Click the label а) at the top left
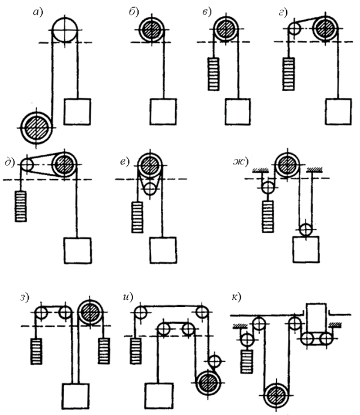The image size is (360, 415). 38,12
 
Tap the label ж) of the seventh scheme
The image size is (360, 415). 241,162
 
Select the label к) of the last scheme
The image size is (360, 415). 236,297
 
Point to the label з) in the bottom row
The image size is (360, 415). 24,297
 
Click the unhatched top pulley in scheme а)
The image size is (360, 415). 65,31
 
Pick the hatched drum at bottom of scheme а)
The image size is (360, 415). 37,128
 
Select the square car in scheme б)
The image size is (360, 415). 163,112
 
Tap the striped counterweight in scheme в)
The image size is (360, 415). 214,74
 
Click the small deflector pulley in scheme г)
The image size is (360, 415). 294,28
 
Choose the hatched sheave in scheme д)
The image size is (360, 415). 64,165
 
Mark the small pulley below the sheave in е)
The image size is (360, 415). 150,188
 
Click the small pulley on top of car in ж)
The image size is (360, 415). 306,229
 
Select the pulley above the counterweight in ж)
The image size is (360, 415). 268,187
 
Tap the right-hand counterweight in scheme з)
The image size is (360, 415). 104,351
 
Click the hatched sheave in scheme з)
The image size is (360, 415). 91,312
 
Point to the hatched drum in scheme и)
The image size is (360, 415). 208,383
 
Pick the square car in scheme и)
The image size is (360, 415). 159,395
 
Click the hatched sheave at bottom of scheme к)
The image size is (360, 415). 277,396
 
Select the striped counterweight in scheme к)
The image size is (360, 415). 247,362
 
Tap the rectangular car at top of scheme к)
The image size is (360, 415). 316,317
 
